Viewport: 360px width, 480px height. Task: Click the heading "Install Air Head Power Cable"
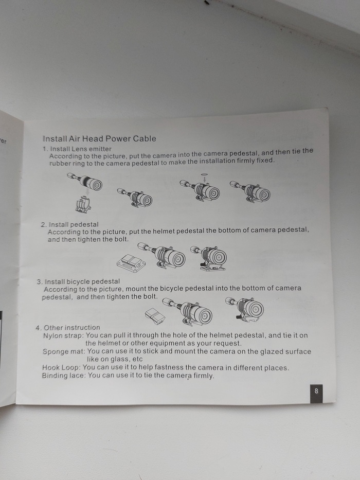point(99,139)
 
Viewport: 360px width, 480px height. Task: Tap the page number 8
point(316,391)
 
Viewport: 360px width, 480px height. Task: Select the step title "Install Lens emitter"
point(81,149)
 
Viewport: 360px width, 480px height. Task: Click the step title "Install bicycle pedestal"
point(82,281)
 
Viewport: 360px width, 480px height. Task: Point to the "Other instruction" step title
point(72,327)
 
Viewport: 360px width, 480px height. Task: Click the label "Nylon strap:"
point(63,335)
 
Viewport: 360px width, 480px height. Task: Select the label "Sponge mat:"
point(64,351)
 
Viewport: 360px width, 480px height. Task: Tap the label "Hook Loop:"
point(62,367)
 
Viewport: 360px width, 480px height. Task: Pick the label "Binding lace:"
point(64,376)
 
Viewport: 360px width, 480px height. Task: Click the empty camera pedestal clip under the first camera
point(83,204)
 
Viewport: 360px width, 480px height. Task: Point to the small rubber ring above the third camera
point(204,174)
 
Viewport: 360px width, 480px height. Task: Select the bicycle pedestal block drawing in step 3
point(155,316)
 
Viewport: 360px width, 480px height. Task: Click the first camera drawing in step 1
point(85,181)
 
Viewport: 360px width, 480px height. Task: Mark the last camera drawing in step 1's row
point(250,191)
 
